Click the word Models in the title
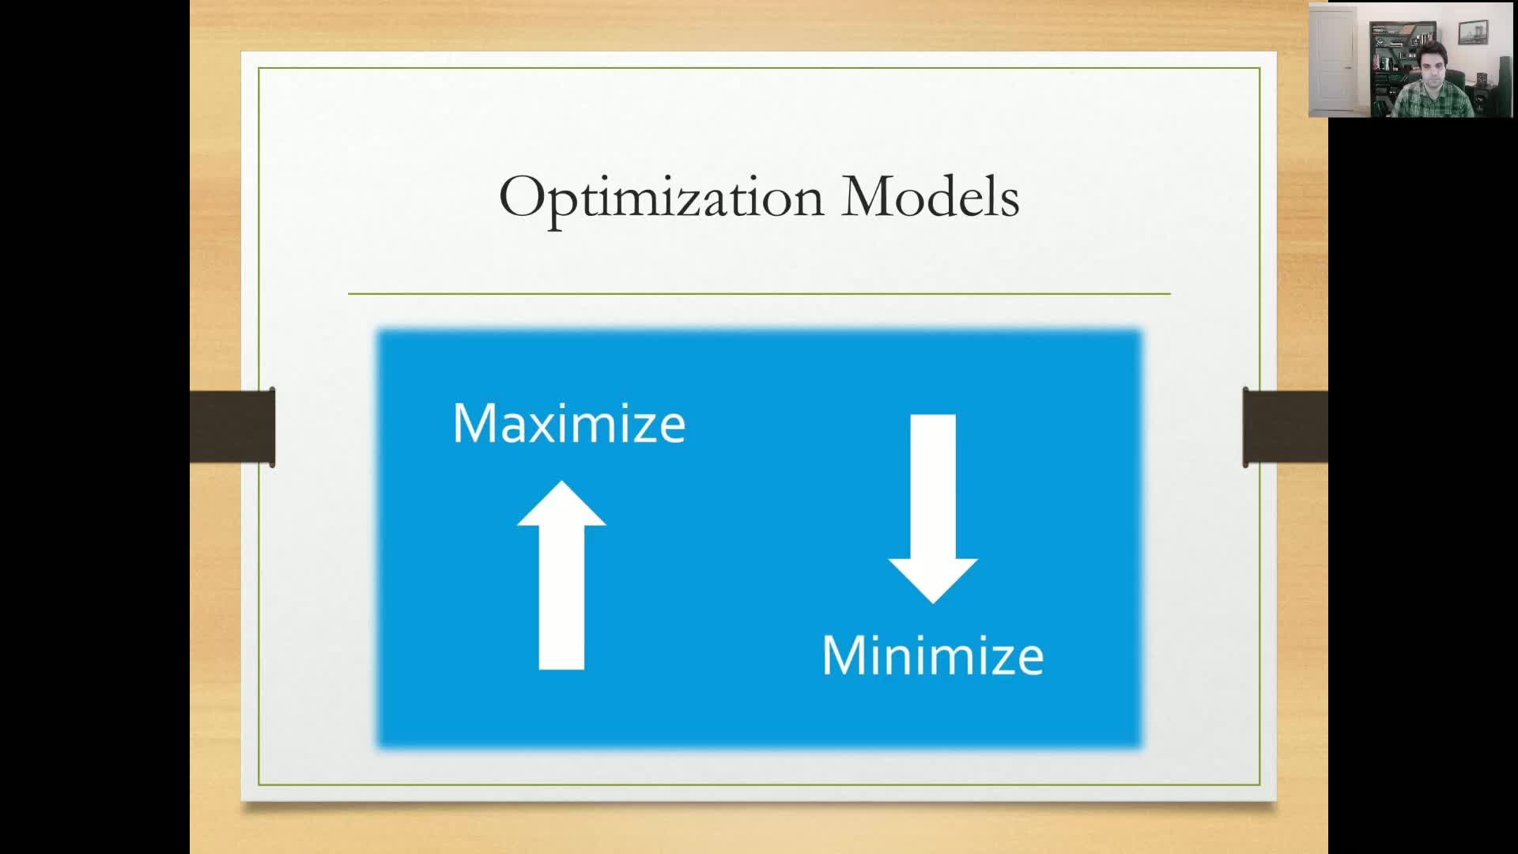tap(931, 196)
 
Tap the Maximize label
tap(569, 424)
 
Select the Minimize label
tap(933, 656)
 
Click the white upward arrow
tap(561, 576)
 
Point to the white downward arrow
tap(933, 508)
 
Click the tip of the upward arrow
tap(561, 482)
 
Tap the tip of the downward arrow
tap(933, 604)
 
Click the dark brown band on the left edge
tap(232, 427)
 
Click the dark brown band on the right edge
tap(1286, 427)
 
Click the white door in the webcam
tap(1334, 63)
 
